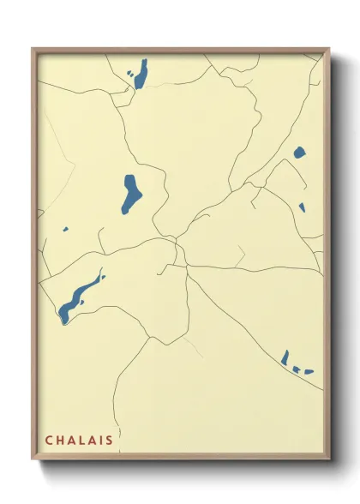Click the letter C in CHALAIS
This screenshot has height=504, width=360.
49,441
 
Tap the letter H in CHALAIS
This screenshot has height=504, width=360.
60,441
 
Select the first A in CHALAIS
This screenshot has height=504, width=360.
71,441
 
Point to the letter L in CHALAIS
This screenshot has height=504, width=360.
82,441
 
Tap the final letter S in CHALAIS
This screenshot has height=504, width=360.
110,441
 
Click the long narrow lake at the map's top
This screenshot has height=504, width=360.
141,74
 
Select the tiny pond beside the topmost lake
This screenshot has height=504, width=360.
129,74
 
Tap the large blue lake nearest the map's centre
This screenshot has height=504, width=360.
132,193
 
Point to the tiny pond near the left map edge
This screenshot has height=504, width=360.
65,229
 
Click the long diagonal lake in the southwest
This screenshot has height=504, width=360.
79,296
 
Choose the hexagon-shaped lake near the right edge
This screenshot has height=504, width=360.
299,153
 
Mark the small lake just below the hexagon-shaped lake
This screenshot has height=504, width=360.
302,206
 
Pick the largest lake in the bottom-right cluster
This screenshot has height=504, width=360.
285,357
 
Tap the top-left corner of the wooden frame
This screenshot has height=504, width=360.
33,49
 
